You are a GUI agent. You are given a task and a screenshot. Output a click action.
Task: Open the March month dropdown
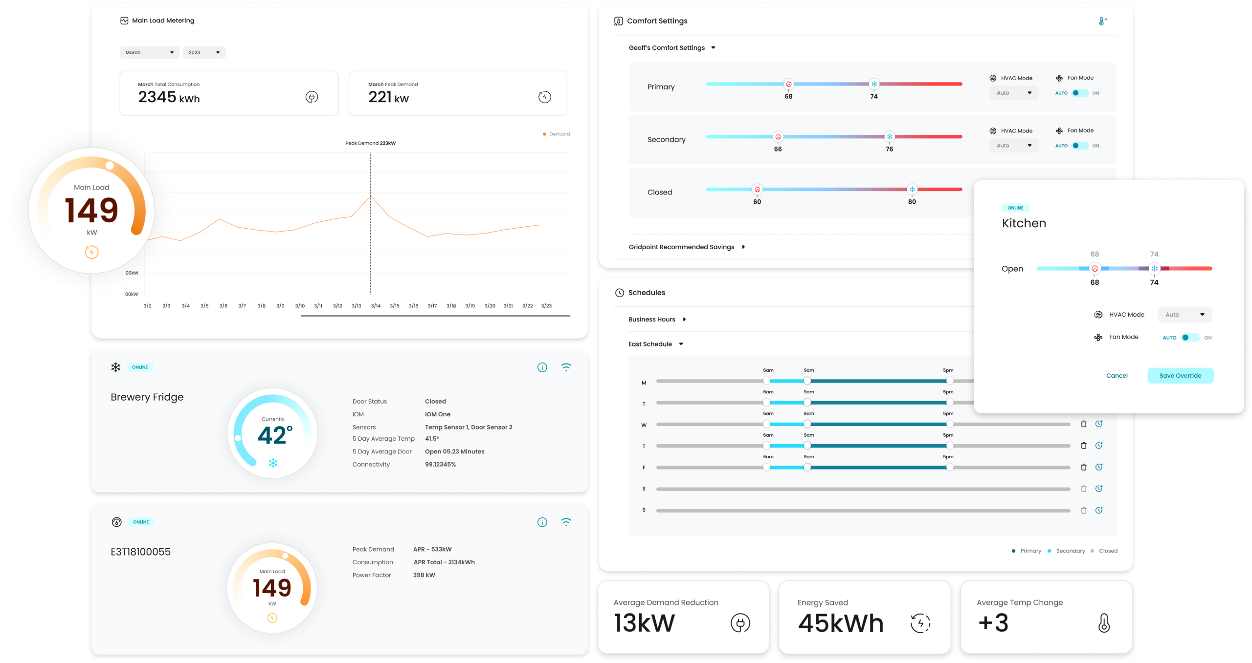tap(149, 52)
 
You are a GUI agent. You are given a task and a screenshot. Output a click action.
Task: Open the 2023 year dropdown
tap(204, 52)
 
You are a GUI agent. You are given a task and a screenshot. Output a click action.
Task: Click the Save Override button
tap(1180, 375)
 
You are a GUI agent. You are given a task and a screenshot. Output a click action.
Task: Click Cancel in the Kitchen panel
tap(1117, 375)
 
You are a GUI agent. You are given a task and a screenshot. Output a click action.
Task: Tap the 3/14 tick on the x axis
tap(376, 306)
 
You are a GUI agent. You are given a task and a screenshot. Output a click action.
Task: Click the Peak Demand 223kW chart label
tap(370, 143)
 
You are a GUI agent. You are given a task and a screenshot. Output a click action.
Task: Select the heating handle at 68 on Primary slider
tap(788, 84)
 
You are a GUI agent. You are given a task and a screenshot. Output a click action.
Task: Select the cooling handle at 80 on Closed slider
tap(912, 190)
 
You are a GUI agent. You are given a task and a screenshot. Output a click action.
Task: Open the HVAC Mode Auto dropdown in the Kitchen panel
tap(1184, 315)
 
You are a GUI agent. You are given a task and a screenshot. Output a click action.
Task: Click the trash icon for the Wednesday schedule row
tap(1083, 424)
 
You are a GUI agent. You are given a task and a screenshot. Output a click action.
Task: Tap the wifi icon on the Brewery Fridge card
tap(566, 367)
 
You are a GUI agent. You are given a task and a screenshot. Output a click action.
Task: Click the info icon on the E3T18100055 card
tap(542, 522)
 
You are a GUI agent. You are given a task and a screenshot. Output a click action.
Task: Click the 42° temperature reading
tap(274, 435)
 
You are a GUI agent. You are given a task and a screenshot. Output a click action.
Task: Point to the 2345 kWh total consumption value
tap(169, 97)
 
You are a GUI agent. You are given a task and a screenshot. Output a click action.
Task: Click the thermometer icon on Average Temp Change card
tap(1104, 623)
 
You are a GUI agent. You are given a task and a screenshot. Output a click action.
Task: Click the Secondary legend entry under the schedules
tap(1070, 551)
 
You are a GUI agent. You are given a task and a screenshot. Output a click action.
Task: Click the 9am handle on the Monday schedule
tap(807, 381)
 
